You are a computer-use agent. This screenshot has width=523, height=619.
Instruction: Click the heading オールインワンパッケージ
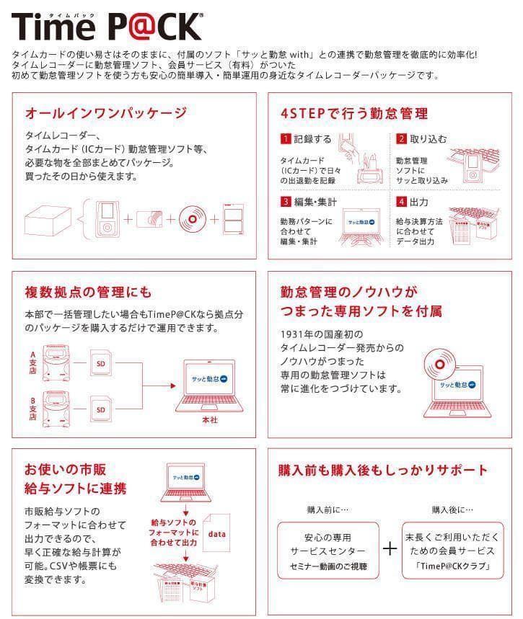(x=106, y=113)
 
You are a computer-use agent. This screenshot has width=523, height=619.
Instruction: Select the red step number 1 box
(x=286, y=138)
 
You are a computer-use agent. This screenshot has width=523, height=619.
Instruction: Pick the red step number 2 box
(x=401, y=138)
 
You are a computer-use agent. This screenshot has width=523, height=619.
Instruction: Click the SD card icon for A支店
(x=101, y=363)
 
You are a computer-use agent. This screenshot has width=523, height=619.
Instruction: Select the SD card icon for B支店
(x=101, y=410)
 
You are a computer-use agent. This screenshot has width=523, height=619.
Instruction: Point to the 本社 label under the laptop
(x=208, y=419)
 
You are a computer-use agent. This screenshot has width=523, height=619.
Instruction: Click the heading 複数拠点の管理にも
(x=89, y=292)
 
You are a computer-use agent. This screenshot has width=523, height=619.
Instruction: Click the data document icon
(x=218, y=535)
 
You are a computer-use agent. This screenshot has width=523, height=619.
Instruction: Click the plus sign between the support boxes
(x=390, y=549)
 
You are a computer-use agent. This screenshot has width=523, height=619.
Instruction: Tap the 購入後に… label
(x=452, y=509)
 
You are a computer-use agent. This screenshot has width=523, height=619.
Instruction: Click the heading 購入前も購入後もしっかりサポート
(x=383, y=471)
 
